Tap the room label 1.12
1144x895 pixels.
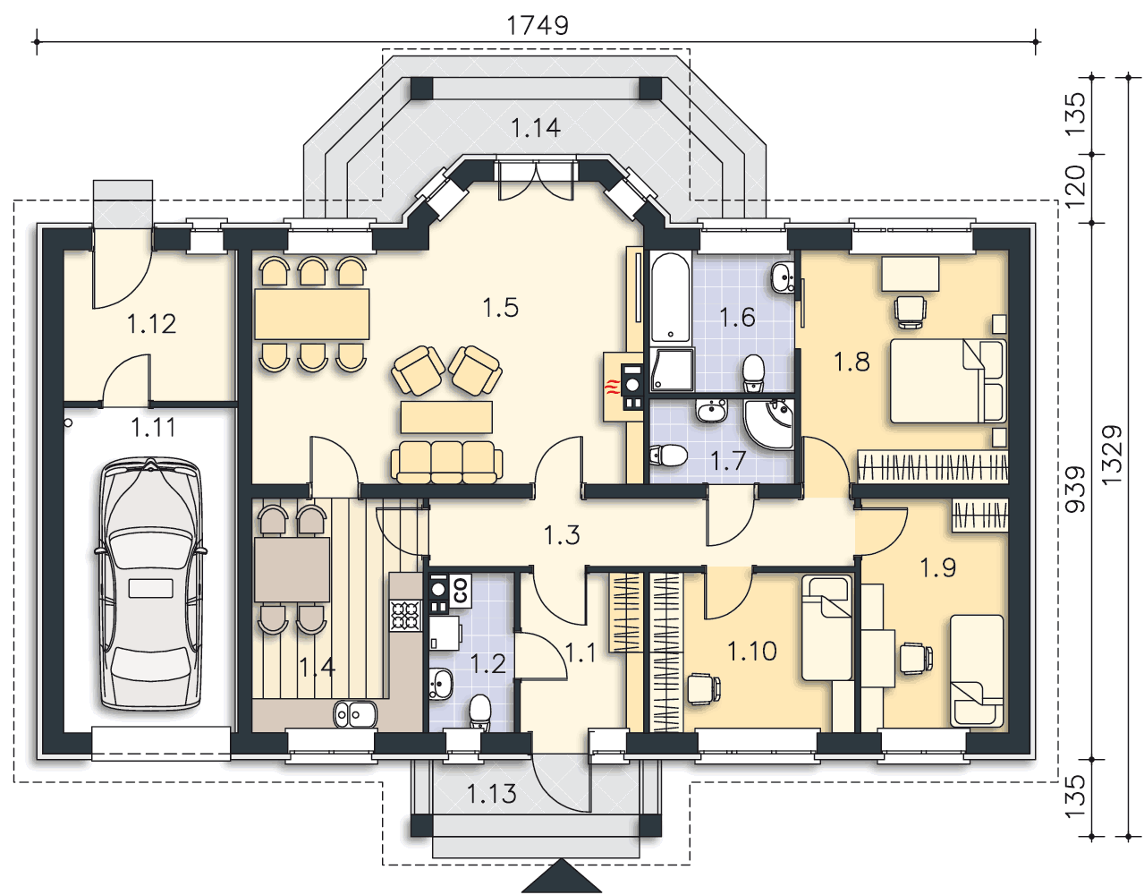click(152, 324)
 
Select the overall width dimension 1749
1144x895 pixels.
click(538, 25)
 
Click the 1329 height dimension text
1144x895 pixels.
click(1112, 456)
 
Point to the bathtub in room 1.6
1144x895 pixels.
click(671, 296)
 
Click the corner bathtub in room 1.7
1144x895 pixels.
click(770, 423)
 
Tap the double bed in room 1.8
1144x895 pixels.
click(947, 380)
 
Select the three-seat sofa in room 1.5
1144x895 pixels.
click(446, 462)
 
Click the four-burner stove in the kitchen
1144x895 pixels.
click(405, 616)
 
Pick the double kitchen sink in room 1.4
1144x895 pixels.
click(355, 715)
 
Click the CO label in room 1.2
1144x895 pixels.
click(460, 591)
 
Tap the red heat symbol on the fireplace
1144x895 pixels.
click(610, 388)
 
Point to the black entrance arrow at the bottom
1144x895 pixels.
click(561, 876)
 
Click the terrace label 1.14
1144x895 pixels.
click(536, 128)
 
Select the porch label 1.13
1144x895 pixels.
click(491, 794)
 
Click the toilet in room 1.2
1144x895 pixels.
click(479, 712)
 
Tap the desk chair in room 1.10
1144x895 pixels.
click(703, 689)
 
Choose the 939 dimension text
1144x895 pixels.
click(1075, 489)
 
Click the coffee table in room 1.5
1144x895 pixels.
click(446, 417)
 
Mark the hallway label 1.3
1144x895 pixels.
click(562, 534)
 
